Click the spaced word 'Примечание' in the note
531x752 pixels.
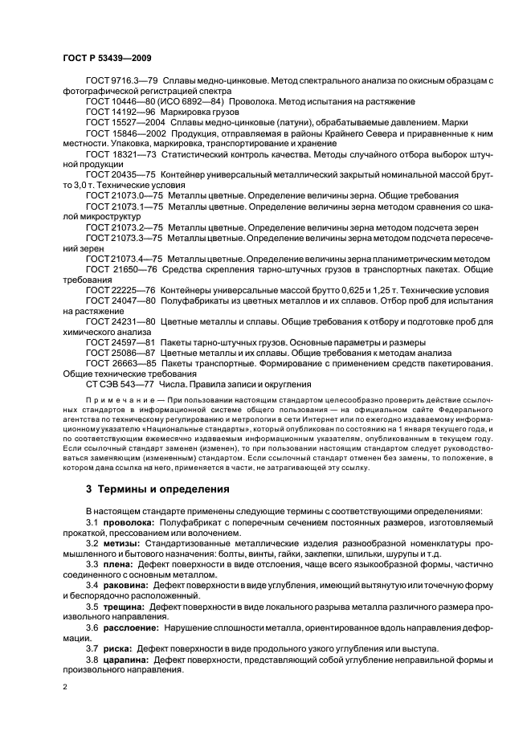click(x=118, y=398)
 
